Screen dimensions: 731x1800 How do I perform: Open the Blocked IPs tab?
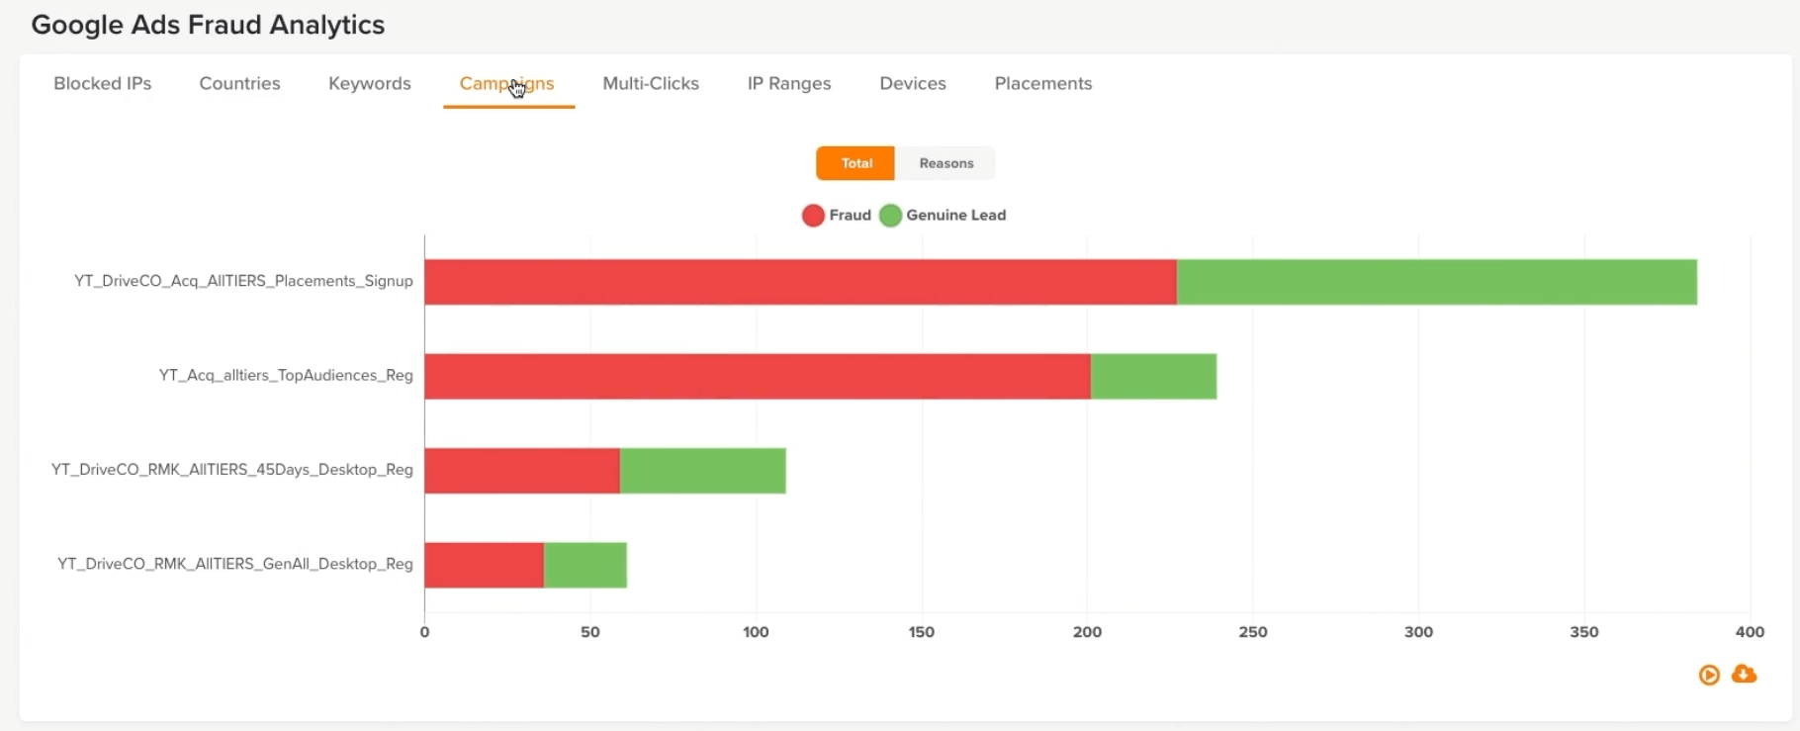(x=103, y=84)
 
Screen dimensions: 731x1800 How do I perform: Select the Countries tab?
(x=239, y=84)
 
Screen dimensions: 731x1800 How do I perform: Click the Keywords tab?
(x=369, y=84)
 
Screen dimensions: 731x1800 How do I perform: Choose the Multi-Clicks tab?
(x=651, y=84)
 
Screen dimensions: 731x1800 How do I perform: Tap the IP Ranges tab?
(x=789, y=84)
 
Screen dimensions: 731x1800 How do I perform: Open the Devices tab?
(x=913, y=84)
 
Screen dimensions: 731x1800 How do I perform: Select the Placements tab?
(x=1043, y=84)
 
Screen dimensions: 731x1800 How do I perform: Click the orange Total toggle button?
(x=855, y=163)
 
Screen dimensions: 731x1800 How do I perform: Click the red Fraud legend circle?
(x=813, y=216)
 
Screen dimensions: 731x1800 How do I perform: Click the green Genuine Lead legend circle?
(x=890, y=216)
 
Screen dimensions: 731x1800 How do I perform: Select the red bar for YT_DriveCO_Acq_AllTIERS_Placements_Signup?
(x=799, y=282)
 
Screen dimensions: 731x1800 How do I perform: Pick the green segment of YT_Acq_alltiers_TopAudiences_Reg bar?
(x=1153, y=377)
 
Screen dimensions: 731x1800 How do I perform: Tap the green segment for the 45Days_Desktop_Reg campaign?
(x=702, y=471)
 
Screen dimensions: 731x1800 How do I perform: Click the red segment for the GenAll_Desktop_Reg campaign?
(x=484, y=565)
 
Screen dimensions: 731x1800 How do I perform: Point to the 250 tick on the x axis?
(x=1252, y=632)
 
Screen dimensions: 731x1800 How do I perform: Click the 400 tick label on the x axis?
(x=1749, y=632)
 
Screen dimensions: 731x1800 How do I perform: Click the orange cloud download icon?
(x=1745, y=674)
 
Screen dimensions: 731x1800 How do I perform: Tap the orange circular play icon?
(x=1709, y=675)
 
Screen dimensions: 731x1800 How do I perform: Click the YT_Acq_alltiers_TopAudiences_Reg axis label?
(x=286, y=375)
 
